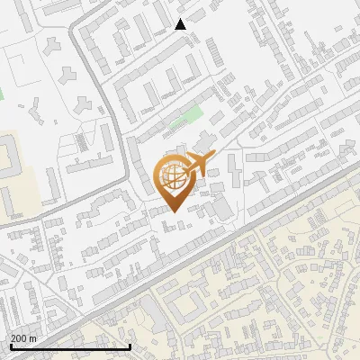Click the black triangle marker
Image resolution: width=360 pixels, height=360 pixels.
(181, 24)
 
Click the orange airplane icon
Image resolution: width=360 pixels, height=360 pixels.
(201, 164)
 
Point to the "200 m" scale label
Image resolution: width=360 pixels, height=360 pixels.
(23, 337)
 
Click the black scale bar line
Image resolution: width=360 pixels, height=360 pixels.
(70, 346)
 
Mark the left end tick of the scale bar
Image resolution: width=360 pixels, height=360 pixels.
(10, 345)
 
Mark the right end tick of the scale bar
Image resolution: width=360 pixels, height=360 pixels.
(130, 345)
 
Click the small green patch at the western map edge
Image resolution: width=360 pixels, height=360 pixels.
(2, 92)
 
